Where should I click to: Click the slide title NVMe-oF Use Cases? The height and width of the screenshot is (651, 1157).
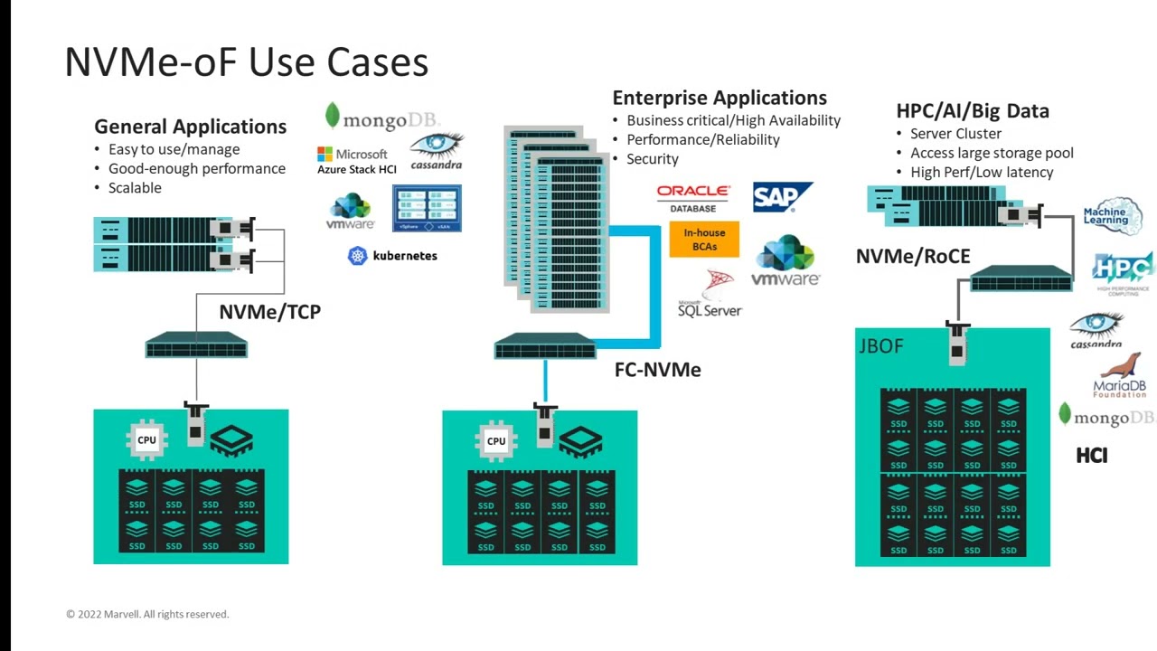pos(246,62)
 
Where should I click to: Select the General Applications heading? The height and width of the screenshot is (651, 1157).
pos(190,127)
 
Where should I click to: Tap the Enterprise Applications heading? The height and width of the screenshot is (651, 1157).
pos(720,98)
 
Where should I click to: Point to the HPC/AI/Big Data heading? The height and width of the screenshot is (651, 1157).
pos(973,111)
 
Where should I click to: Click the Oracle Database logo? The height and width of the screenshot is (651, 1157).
pos(693,198)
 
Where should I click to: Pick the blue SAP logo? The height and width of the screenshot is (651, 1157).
pos(782,197)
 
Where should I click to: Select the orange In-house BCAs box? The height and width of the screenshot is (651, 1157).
pos(704,240)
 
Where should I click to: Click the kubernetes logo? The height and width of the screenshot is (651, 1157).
pos(392,256)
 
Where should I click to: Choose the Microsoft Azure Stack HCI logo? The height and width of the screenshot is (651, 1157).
pos(356,161)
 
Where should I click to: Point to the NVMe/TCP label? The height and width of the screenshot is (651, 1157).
pos(269,312)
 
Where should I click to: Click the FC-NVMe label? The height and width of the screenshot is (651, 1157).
pos(657,369)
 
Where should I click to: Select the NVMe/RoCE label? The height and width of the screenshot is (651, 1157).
pos(913,257)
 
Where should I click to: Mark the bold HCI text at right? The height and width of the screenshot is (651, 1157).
pos(1092,456)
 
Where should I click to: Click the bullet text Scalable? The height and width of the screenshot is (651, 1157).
pos(135,188)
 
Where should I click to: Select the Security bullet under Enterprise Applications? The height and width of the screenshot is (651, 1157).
pos(652,159)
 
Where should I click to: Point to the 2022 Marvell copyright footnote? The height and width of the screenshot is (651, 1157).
pos(147,614)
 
